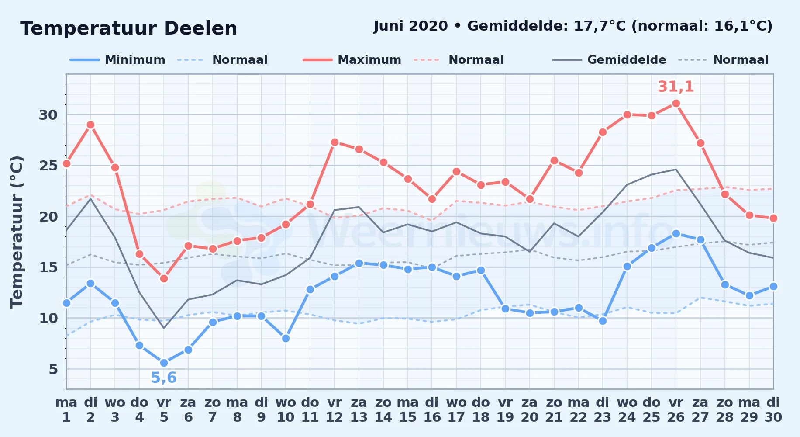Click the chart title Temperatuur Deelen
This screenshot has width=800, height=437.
129,28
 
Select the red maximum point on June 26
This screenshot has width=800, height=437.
676,103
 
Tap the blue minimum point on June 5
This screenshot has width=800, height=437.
164,363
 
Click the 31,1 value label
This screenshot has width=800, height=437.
676,87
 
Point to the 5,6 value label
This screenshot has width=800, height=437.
164,378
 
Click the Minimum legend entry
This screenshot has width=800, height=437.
117,60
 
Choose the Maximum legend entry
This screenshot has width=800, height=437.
352,60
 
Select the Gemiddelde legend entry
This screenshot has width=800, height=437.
609,60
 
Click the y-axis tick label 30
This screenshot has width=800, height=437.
48,115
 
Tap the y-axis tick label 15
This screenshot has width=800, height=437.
48,267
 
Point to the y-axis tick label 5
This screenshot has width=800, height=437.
53,369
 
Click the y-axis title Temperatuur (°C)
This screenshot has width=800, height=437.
17,232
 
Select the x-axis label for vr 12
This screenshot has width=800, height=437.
334,410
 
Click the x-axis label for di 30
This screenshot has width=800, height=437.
773,410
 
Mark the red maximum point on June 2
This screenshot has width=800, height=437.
90,125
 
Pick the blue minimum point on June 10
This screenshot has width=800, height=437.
286,338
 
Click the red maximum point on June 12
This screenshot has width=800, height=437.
334,142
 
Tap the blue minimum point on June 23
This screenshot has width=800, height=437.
603,321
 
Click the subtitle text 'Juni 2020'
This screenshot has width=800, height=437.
411,26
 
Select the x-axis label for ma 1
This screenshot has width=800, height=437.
66,410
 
